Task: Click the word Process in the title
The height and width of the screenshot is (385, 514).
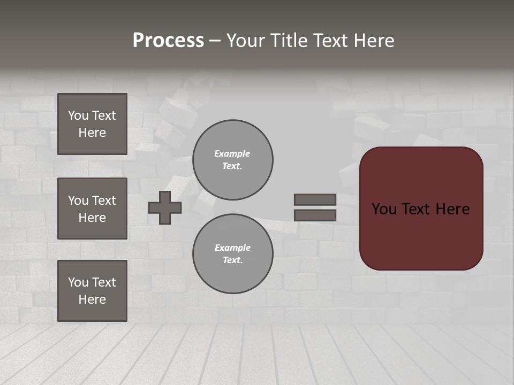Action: (168, 41)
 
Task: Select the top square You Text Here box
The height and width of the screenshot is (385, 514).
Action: (92, 124)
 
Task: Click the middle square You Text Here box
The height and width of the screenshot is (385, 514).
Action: (92, 209)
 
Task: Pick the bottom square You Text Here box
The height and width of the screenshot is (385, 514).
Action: (92, 291)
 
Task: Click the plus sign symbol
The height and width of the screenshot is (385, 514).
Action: (165, 207)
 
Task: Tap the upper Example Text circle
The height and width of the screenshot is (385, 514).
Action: (232, 160)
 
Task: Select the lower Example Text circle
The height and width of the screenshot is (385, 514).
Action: (232, 254)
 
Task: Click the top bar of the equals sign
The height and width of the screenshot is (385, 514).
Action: (315, 199)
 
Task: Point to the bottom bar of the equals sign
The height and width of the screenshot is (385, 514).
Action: (315, 215)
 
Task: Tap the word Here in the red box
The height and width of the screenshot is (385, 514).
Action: (453, 209)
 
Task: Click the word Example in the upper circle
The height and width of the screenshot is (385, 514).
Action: (232, 154)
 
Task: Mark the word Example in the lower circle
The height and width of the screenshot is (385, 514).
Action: (232, 248)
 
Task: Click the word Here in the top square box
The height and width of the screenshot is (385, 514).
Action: (92, 133)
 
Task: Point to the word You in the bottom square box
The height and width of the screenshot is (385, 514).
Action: (78, 282)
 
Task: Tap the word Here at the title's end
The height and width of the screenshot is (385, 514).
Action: (374, 41)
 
